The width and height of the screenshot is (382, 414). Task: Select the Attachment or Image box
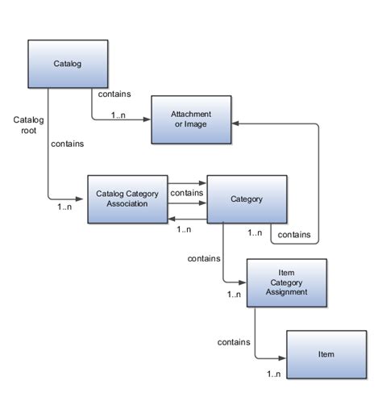point(192,120)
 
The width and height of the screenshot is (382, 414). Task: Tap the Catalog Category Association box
point(127,198)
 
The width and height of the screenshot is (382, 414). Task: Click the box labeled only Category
point(247,199)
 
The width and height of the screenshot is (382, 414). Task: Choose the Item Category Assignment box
point(286,282)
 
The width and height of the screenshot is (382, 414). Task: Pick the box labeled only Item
point(326,355)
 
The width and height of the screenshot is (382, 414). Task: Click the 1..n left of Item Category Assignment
point(234,294)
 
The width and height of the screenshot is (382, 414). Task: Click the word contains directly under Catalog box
point(113,94)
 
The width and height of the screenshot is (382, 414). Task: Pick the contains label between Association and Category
point(187,193)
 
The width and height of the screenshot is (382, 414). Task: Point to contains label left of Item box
point(232,342)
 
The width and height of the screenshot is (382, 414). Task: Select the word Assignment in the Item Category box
point(286,292)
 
